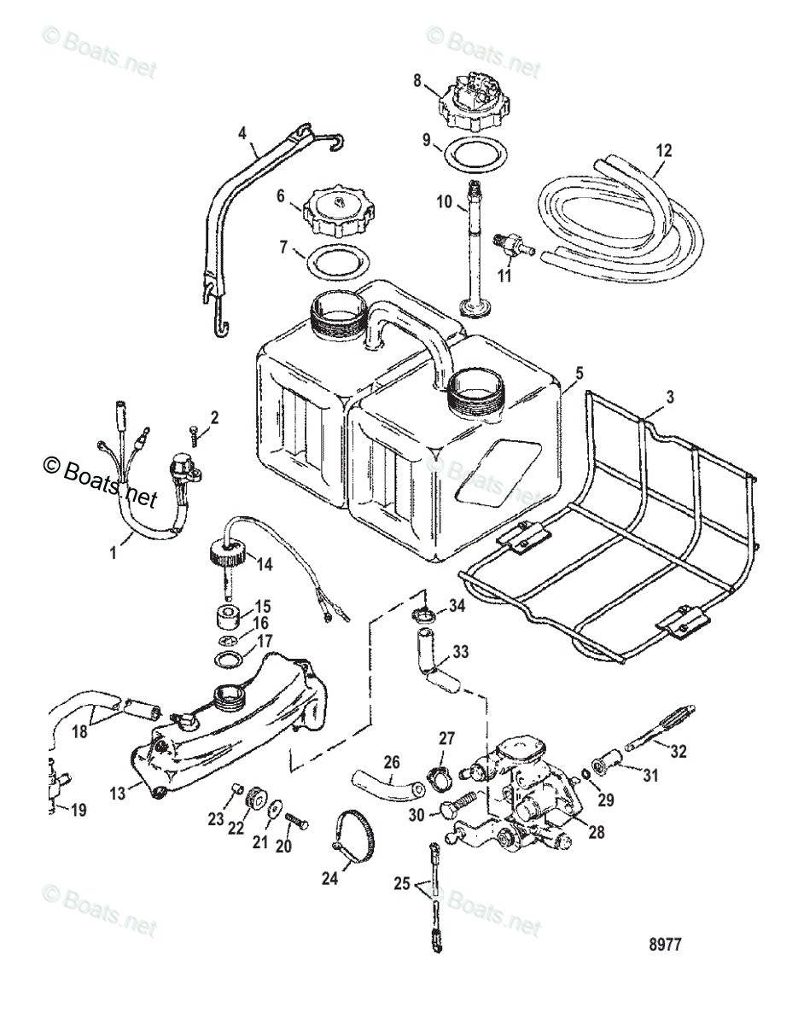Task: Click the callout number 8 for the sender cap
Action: (417, 82)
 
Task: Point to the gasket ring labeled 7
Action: (334, 261)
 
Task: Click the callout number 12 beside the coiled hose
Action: (663, 150)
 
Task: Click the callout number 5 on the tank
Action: (580, 372)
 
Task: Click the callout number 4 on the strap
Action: (243, 132)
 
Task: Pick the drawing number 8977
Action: (665, 945)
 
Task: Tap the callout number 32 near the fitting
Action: (679, 751)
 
